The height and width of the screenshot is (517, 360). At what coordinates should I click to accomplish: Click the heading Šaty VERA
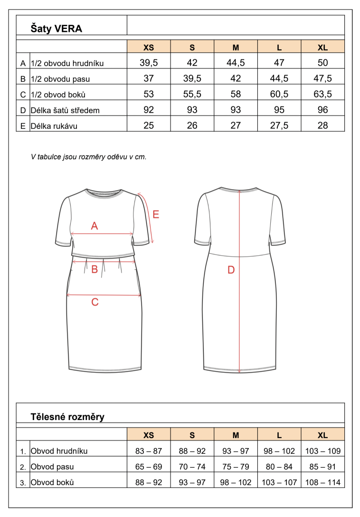57,29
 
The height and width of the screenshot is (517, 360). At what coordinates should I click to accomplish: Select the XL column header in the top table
322,48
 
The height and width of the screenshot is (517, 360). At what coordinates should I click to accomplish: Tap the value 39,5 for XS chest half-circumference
149,63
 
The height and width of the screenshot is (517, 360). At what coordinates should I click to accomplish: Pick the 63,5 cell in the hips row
322,94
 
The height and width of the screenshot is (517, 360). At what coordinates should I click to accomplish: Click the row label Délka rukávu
54,126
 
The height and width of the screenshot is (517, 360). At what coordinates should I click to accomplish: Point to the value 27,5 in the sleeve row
279,126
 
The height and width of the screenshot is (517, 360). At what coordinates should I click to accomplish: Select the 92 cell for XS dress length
149,110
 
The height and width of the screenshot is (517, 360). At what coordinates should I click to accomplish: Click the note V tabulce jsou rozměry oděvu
88,156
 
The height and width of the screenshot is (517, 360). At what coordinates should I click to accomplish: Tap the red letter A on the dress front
94,226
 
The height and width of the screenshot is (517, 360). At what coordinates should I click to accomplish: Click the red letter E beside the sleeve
156,214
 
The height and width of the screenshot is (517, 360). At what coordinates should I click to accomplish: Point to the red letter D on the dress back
231,270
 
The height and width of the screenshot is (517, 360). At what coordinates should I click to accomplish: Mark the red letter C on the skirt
95,302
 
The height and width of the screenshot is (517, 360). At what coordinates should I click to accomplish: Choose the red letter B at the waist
95,269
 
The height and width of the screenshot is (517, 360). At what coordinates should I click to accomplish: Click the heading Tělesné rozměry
67,417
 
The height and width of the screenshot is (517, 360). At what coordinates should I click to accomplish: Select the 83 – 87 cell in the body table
149,451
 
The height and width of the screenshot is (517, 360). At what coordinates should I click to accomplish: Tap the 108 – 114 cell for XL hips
322,482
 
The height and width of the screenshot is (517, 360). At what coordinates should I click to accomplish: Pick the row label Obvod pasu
52,467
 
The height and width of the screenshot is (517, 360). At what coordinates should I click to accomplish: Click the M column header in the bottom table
236,435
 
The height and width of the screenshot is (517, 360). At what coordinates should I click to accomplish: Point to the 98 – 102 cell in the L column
279,451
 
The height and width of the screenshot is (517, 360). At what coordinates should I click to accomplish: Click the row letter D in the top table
23,110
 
